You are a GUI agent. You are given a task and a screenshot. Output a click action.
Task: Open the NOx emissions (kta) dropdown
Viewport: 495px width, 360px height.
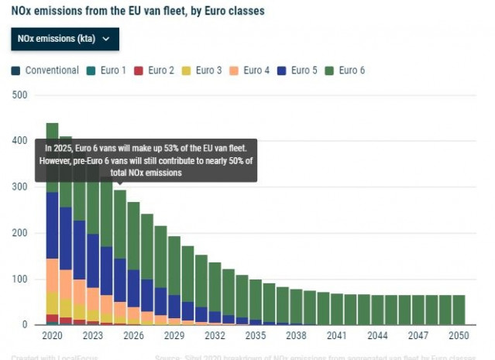(x=64, y=38)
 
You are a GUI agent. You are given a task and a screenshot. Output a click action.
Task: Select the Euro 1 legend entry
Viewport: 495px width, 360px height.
(x=106, y=70)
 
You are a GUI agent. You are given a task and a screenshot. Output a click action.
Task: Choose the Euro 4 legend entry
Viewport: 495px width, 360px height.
(x=250, y=70)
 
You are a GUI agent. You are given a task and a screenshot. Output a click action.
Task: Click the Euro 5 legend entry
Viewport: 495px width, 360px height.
(x=300, y=70)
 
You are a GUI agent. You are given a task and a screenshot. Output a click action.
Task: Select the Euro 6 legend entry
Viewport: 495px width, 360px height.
(x=345, y=70)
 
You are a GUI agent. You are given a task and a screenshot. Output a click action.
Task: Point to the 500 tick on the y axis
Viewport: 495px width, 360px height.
(x=19, y=95)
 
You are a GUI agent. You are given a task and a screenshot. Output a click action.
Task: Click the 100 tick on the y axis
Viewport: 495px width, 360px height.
(x=19, y=279)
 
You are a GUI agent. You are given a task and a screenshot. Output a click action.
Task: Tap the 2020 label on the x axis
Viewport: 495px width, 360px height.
(x=52, y=337)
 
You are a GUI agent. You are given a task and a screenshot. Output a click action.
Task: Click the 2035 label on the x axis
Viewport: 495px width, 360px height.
(x=255, y=337)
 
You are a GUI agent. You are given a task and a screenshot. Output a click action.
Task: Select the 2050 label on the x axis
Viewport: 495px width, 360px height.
(x=458, y=337)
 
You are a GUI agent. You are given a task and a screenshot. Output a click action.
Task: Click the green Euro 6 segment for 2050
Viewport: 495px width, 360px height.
(x=458, y=310)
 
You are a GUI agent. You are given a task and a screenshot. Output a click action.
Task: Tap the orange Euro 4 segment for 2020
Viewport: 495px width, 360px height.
(x=52, y=275)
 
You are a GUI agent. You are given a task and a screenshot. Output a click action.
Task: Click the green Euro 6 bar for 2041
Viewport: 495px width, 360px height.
(x=336, y=309)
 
